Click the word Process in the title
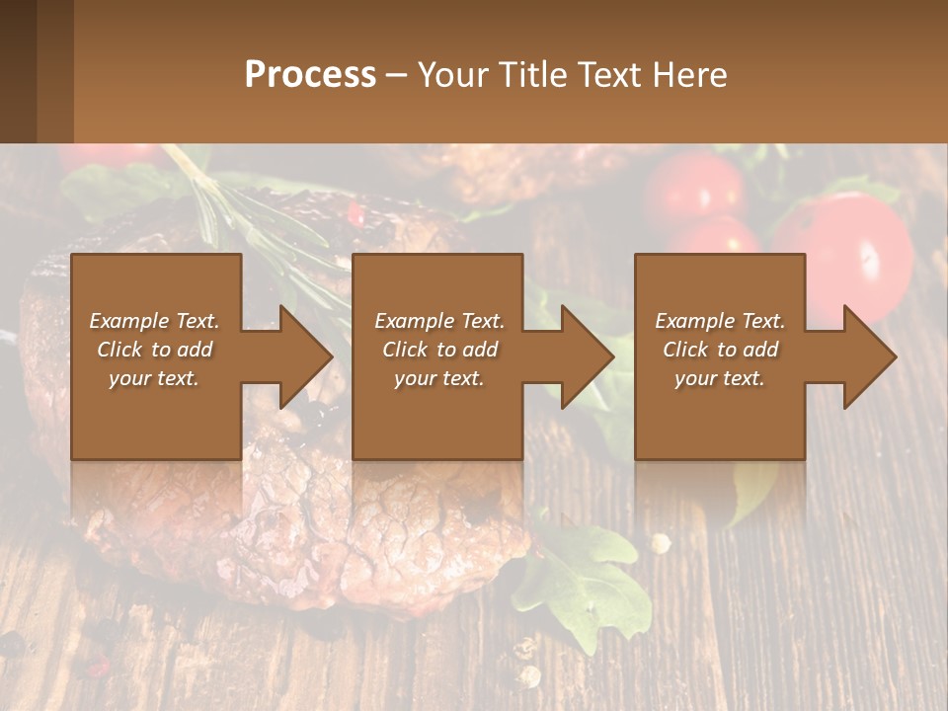click(x=310, y=74)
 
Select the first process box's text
click(x=154, y=350)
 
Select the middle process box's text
click(x=438, y=350)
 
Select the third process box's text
click(x=719, y=350)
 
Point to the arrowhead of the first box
click(x=306, y=356)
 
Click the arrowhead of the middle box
click(x=588, y=356)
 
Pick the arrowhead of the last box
click(x=870, y=356)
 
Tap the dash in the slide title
click(x=396, y=74)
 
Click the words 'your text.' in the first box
click(x=154, y=378)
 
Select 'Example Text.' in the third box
click(x=719, y=321)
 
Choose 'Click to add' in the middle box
click(x=438, y=350)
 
